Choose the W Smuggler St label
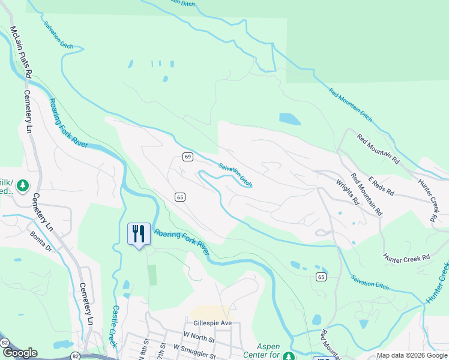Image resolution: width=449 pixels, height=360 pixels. (194, 347)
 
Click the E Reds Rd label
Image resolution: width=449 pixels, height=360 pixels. (382, 185)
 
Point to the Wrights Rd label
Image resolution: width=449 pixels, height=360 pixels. (347, 193)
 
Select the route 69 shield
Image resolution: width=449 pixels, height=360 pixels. (188, 157)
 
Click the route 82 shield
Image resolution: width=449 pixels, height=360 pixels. (5, 342)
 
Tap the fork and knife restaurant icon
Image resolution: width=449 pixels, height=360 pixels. (139, 233)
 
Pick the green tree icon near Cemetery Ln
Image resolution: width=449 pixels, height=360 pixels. (23, 185)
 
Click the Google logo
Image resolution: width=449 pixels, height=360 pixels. (20, 353)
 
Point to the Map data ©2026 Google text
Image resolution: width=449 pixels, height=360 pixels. (412, 355)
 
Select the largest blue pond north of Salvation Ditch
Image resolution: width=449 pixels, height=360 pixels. (290, 119)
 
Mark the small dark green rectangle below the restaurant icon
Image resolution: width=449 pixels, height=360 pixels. (152, 275)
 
